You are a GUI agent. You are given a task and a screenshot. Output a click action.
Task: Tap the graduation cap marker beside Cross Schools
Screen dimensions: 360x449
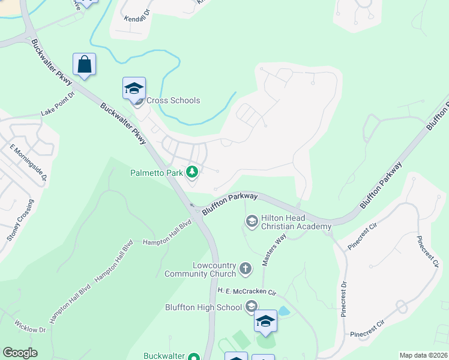pos(134,89)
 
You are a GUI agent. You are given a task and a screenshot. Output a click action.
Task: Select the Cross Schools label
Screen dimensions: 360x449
pos(173,101)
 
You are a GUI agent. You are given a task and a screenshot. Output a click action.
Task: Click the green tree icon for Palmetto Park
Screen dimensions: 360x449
pos(192,173)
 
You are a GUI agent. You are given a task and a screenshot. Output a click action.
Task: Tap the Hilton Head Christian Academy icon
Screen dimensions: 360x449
pos(252,223)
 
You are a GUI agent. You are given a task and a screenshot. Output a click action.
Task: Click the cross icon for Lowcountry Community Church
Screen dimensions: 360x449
pos(246,269)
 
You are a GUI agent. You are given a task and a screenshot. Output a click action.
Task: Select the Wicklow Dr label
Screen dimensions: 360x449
pos(31,329)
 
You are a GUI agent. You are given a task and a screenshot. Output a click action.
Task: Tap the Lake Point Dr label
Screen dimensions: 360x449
pos(58,104)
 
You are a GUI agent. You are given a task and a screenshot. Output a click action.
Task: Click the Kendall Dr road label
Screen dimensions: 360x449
pos(136,19)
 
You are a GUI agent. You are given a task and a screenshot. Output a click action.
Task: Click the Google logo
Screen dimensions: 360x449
pos(20,352)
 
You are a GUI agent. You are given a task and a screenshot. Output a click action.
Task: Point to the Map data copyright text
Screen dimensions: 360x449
pos(423,355)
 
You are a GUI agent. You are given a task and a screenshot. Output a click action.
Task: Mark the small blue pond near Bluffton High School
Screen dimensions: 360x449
pos(283,311)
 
